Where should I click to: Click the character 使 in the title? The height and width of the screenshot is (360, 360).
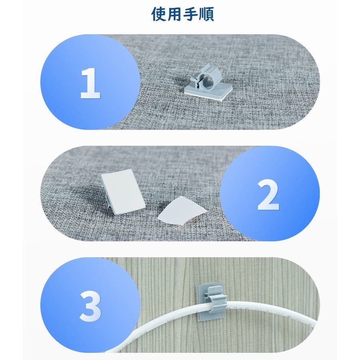point(159,14)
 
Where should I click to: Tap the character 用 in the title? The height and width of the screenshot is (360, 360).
point(174,14)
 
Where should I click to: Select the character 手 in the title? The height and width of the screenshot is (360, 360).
point(191,14)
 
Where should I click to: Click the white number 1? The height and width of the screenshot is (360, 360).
point(90,83)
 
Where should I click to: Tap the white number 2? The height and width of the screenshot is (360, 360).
point(268,195)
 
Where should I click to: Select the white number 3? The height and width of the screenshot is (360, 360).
point(90,306)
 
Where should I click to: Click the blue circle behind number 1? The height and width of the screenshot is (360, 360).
point(90,82)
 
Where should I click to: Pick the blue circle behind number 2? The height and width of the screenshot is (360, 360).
point(270,194)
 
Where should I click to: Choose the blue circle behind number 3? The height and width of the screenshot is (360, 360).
point(90,305)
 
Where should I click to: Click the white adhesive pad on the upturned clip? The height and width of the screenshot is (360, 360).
point(123,192)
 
